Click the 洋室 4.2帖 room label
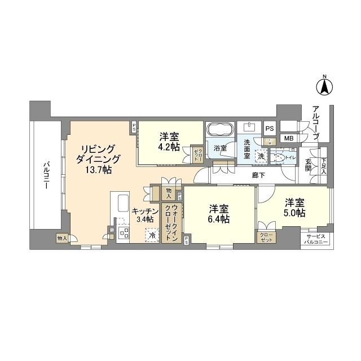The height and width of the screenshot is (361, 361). click(169, 142)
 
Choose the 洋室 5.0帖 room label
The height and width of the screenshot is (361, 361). click(294, 207)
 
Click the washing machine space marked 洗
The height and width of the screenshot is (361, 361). click(261, 156)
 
